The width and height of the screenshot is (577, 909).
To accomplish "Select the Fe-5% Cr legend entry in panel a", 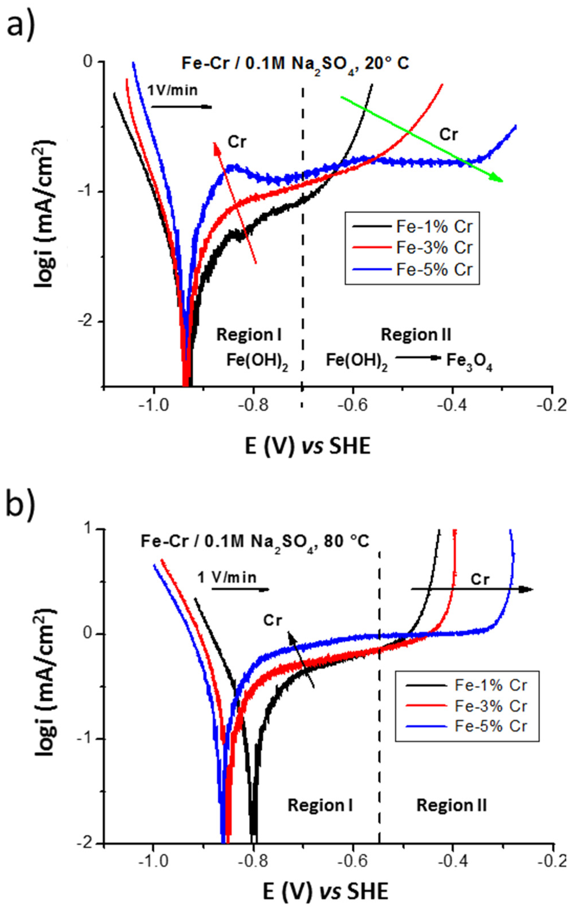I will [x=434, y=270].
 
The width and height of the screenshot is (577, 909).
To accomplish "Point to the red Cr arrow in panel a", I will [x=235, y=202].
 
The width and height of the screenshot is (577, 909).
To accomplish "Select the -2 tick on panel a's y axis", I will [x=88, y=322].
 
